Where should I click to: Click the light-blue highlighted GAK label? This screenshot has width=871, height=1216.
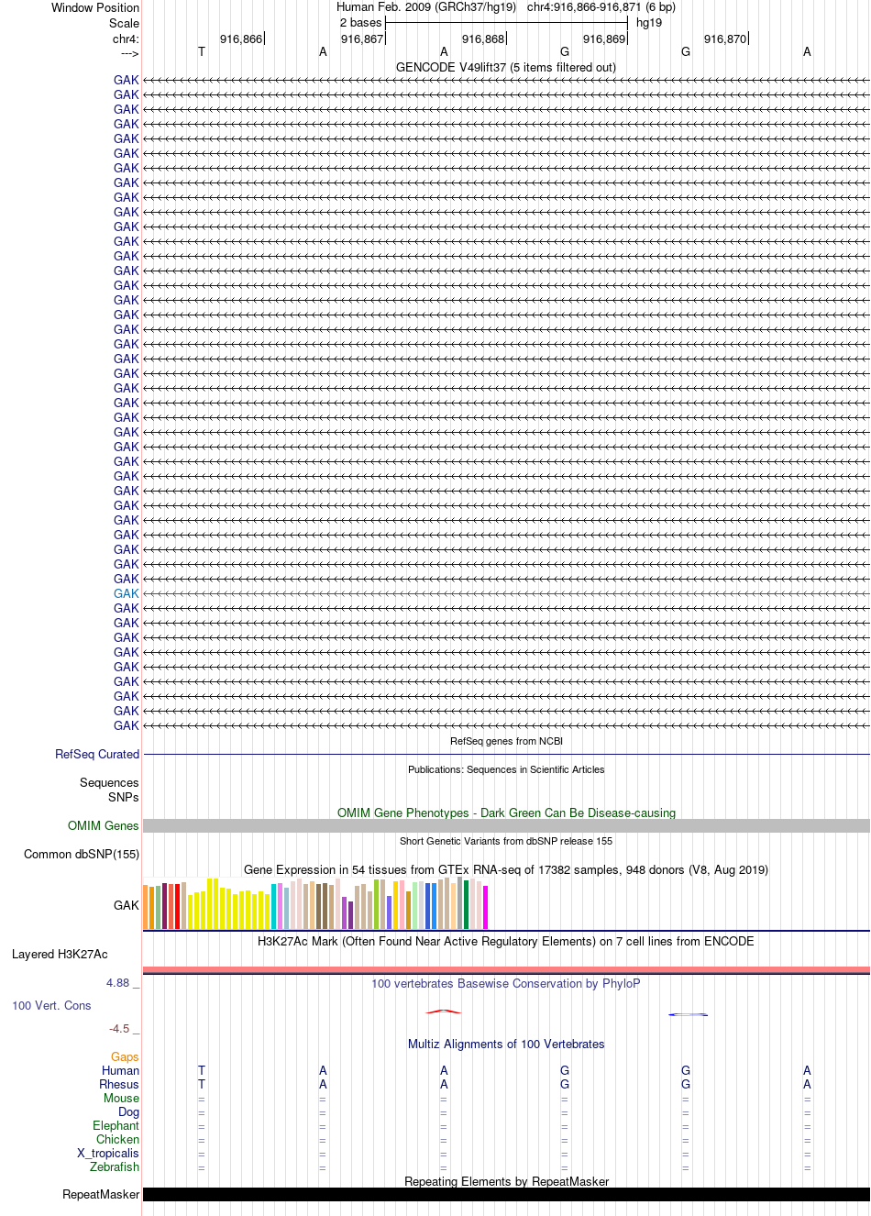pos(126,593)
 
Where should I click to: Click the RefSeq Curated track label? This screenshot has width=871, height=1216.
pos(97,754)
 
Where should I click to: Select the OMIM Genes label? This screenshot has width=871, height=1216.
pos(103,825)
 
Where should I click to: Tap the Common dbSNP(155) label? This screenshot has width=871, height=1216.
pos(82,854)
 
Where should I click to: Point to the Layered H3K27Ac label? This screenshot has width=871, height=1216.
pos(60,954)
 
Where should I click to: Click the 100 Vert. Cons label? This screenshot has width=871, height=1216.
pos(51,1005)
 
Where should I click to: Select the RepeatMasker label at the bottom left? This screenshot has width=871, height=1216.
pos(101,1194)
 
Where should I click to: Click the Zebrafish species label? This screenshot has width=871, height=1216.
pos(115,1166)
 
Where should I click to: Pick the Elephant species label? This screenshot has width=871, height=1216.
pos(116,1125)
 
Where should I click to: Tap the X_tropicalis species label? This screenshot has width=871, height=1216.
pos(108,1153)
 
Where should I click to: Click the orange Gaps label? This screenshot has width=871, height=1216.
pos(125,1056)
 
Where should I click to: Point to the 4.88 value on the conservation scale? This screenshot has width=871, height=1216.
pos(117,982)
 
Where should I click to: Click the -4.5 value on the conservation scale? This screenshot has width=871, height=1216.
pos(119,1028)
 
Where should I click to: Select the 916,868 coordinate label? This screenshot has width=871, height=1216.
pos(483,39)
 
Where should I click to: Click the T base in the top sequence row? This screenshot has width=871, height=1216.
pos(202,51)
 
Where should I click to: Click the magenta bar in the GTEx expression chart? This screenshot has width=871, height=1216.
pos(486,907)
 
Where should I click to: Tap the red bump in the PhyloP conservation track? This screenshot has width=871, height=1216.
pos(444,1011)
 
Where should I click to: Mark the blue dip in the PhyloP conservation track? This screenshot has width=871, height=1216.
pos(688,1014)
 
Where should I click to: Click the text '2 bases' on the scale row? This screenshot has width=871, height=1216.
pos(360,22)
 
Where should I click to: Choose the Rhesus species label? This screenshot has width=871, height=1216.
pos(119,1084)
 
